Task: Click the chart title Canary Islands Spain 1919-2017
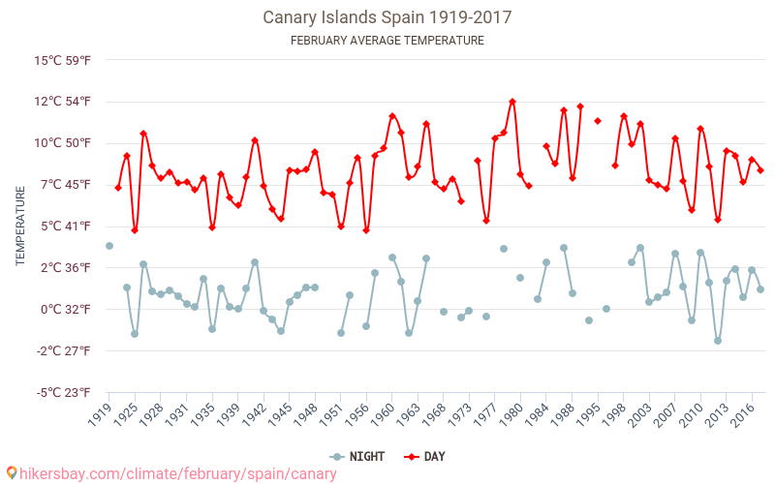click(387, 17)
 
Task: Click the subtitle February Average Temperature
click(387, 41)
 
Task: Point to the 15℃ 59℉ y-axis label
click(63, 60)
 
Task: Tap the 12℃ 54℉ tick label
click(63, 102)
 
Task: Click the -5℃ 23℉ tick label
click(63, 392)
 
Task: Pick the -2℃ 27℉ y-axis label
click(63, 350)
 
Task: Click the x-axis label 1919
click(101, 414)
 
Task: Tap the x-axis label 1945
click(281, 414)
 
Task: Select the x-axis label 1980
click(512, 414)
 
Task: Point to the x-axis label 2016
click(744, 414)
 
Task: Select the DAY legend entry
click(426, 457)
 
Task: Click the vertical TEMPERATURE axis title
click(20, 227)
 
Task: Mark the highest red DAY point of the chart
click(512, 102)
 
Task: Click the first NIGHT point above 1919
click(109, 246)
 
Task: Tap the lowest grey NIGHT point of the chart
click(718, 341)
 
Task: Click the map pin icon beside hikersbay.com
click(12, 473)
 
